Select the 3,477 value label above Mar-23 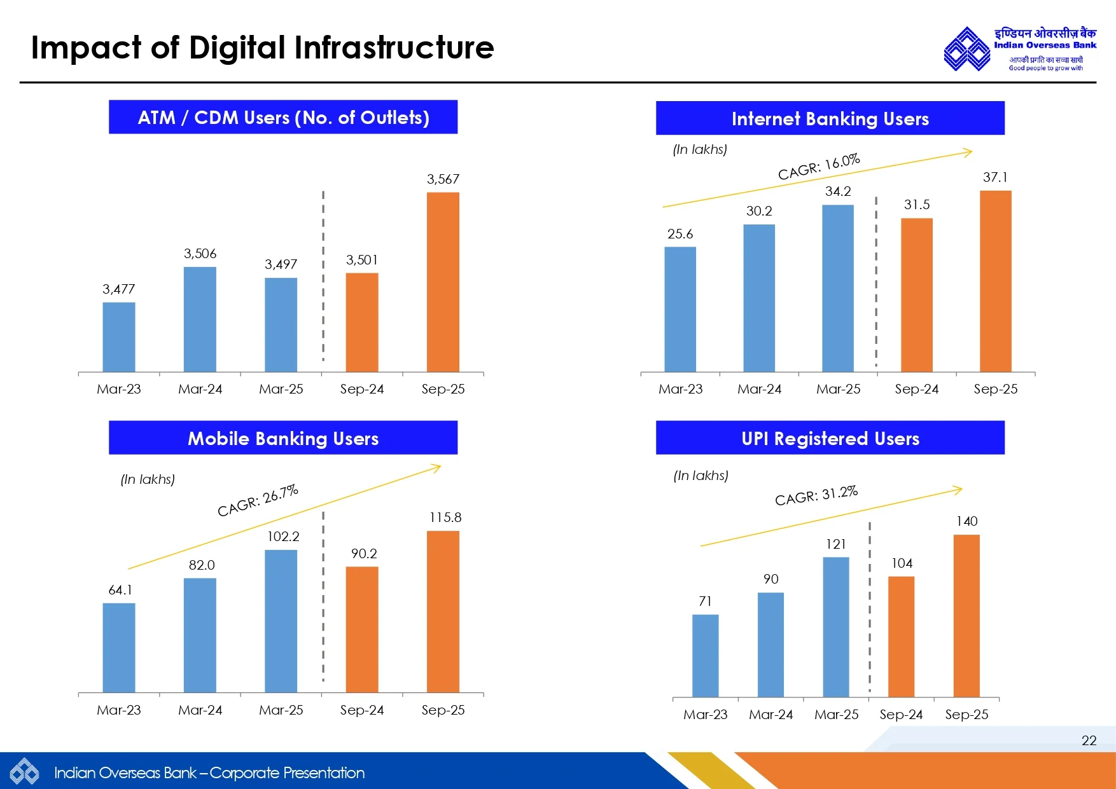pyautogui.click(x=119, y=289)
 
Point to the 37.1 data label pyautogui.click(x=995, y=177)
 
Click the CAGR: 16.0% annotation pyautogui.click(x=819, y=167)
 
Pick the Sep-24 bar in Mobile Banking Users pyautogui.click(x=362, y=629)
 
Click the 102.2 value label pyautogui.click(x=283, y=537)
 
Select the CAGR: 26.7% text pyautogui.click(x=258, y=500)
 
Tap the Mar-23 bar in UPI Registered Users pyautogui.click(x=705, y=655)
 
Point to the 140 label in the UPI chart pyautogui.click(x=966, y=521)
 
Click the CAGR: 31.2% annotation pyautogui.click(x=816, y=495)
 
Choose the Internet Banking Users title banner pyautogui.click(x=830, y=118)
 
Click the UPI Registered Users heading pyautogui.click(x=830, y=438)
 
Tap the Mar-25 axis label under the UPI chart pyautogui.click(x=836, y=715)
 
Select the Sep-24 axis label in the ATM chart pyautogui.click(x=362, y=389)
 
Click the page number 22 pyautogui.click(x=1089, y=740)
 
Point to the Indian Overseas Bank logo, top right pyautogui.click(x=1020, y=48)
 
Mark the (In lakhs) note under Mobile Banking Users pyautogui.click(x=148, y=479)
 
